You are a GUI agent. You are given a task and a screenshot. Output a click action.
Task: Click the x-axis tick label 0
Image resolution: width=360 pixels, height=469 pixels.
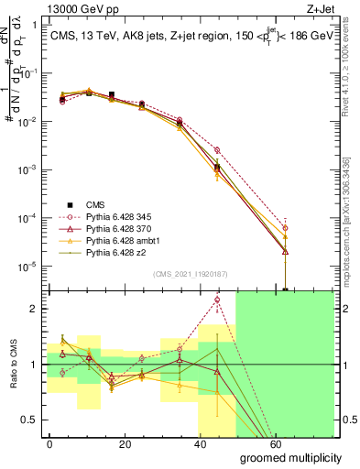pos(49,443)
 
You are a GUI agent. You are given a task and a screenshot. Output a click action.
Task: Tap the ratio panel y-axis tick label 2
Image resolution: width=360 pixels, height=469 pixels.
pos(34,309)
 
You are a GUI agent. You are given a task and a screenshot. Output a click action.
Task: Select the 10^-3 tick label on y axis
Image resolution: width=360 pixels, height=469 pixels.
pos(27,170)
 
